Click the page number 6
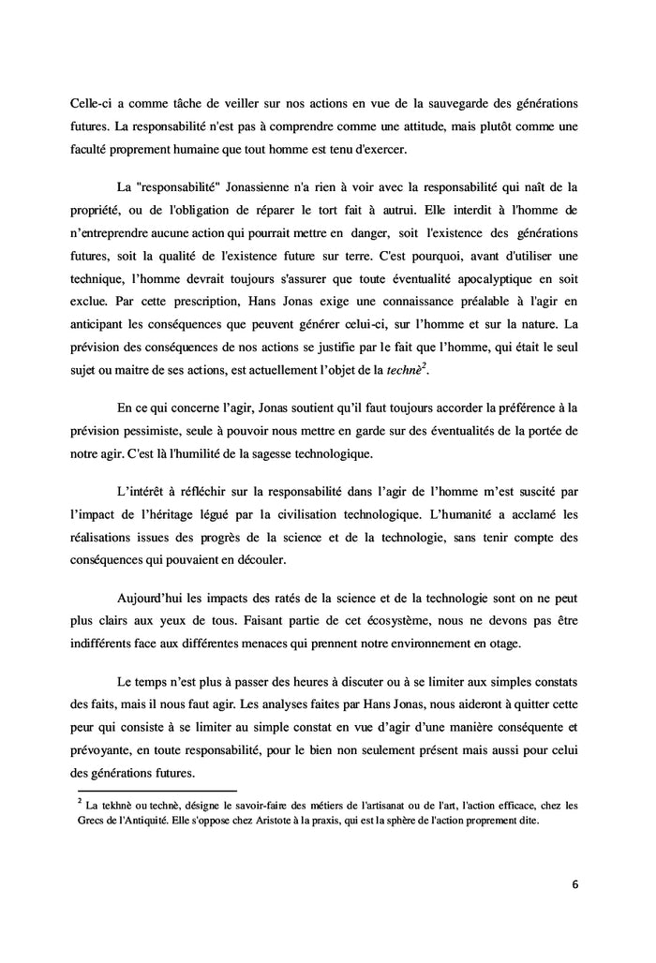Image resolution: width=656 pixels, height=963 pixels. [x=574, y=883]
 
